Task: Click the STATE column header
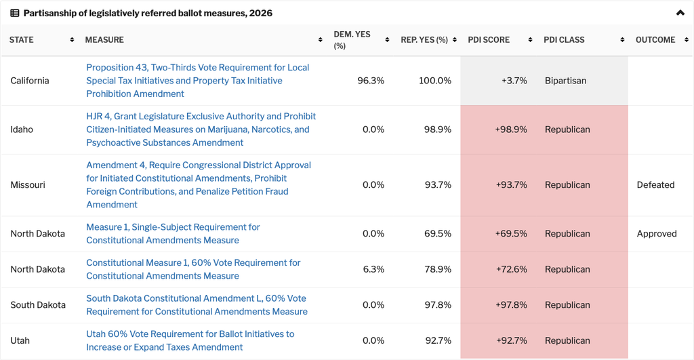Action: [x=21, y=40]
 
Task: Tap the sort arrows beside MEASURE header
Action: [x=320, y=40]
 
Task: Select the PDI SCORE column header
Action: [x=489, y=40]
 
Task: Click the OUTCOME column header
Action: [x=655, y=40]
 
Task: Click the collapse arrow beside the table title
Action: [x=680, y=13]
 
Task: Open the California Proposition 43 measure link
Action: [x=197, y=81]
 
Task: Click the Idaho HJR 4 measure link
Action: [x=201, y=129]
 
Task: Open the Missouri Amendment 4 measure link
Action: [x=199, y=184]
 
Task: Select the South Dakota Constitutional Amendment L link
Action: [x=197, y=304]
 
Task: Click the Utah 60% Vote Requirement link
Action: [x=190, y=340]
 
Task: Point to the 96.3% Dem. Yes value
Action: [x=371, y=81]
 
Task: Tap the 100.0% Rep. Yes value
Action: [x=435, y=81]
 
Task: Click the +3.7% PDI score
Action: [x=514, y=81]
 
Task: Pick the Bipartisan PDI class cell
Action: [x=565, y=81]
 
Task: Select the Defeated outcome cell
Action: [x=655, y=184]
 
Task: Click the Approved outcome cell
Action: [x=656, y=234]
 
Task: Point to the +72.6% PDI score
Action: [x=511, y=269]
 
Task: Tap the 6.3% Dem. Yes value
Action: [x=373, y=269]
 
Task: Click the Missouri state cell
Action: [x=27, y=184]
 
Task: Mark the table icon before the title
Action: [x=15, y=14]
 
